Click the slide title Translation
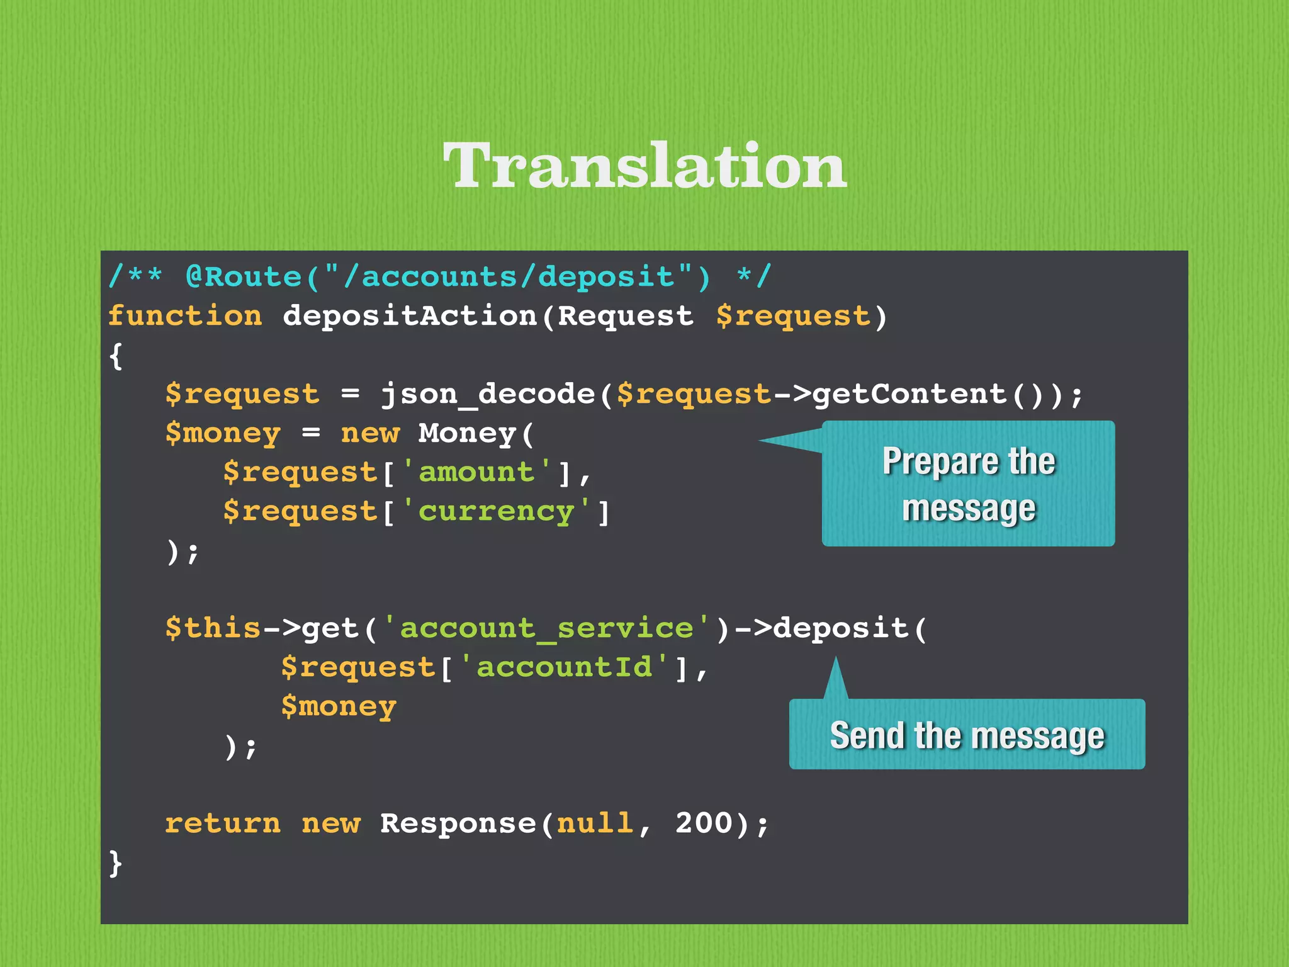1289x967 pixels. [644, 165]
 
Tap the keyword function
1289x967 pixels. [184, 316]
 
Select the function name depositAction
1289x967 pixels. [410, 316]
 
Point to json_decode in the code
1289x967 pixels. [488, 395]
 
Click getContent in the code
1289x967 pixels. [909, 395]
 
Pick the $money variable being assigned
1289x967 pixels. [223, 434]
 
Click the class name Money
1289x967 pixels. [467, 434]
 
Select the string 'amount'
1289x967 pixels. [476, 472]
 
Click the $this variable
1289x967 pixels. [213, 628]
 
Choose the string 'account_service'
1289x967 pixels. [546, 628]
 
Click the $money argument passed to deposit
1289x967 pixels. [339, 706]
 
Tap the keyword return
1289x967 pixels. [223, 823]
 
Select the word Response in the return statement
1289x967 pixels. [458, 823]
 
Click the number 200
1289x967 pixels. [704, 823]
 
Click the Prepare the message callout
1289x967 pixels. [968, 483]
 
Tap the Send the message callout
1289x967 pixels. [967, 735]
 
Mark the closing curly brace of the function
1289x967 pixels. [115, 862]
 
